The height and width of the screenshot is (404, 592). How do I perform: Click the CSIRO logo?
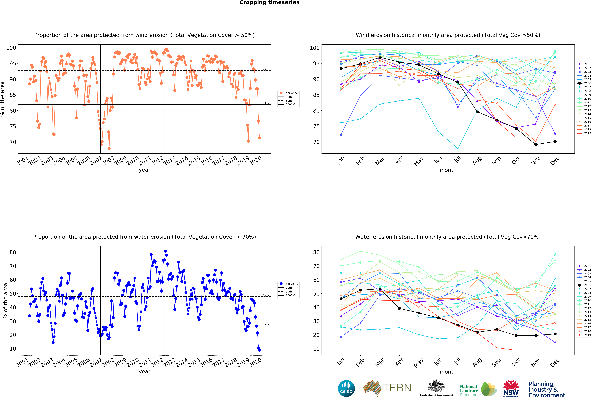[x=346, y=388]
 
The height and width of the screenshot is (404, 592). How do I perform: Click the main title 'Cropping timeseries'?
[x=269, y=3]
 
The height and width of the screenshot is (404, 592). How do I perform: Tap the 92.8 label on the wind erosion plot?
[x=266, y=69]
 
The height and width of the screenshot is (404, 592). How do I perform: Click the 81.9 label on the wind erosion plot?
[x=266, y=103]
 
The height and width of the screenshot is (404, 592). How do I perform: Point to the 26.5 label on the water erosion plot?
[x=266, y=325]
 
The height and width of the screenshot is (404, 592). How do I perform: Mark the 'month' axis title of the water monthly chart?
[x=448, y=372]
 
